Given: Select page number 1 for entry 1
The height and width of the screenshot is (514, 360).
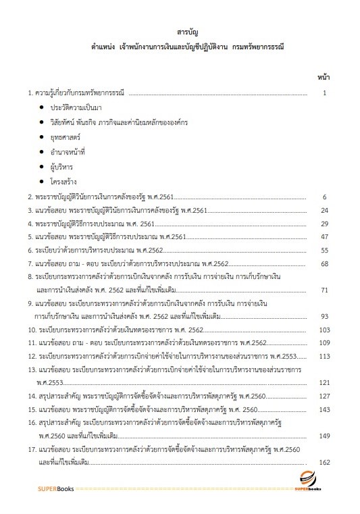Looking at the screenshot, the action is point(326,93).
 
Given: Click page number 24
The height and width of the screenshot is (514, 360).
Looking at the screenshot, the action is point(324,211).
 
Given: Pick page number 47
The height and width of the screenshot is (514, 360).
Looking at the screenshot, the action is point(324,237).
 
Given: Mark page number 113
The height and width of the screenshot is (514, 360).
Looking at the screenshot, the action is point(324,356).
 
